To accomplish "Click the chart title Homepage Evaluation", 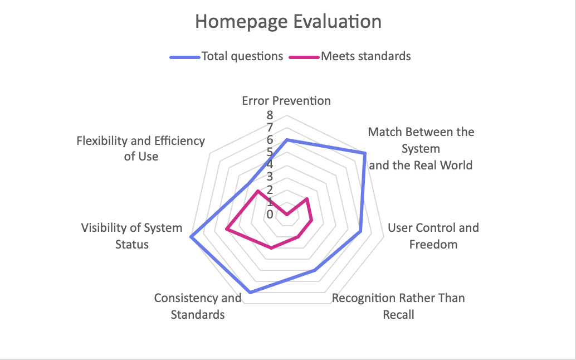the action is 288,22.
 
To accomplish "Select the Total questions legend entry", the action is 242,56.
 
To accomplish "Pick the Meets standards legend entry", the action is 365,56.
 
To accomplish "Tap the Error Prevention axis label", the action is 286,101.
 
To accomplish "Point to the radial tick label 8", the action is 270,115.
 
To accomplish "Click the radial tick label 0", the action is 270,215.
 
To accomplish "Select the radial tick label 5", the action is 270,152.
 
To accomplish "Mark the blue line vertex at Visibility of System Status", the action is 191,237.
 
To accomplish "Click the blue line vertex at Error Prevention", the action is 286,140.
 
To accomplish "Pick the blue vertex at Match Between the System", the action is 365,152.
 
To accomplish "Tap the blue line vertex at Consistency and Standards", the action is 250,292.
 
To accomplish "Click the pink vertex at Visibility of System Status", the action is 227,228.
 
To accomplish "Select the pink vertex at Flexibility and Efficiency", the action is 257,191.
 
